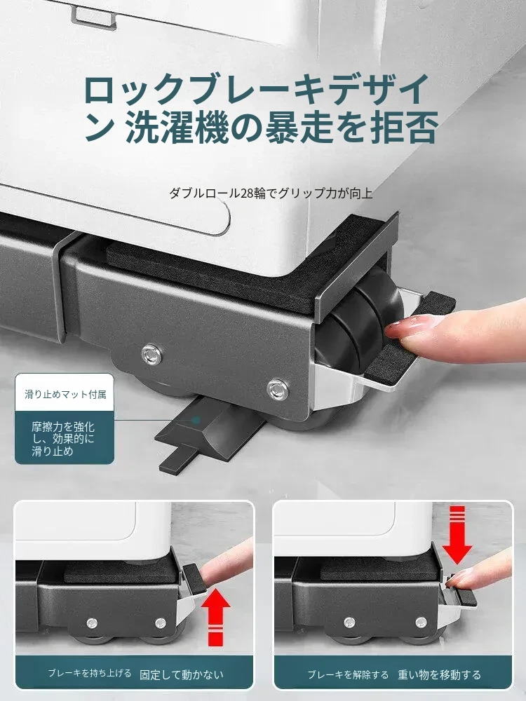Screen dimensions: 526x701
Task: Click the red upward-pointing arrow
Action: point(216,618)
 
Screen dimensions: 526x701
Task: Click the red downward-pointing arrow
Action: point(457,535)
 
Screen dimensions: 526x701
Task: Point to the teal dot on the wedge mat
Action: point(196,420)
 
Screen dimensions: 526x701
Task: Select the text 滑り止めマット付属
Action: point(65,394)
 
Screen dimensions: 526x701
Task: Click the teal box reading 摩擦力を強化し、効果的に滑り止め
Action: point(65,438)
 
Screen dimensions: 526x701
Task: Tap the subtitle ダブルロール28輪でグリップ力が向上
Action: point(271,193)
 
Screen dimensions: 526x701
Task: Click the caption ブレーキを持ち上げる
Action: point(90,673)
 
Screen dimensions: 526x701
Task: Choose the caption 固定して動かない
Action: point(182,674)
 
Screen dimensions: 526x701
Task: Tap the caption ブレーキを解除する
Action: point(348,674)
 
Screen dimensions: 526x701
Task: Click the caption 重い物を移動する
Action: point(440,674)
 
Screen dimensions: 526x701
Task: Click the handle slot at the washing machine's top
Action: point(93,15)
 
